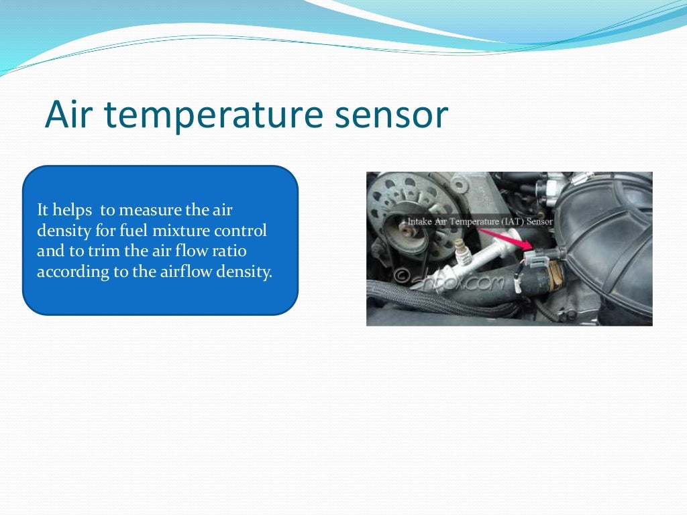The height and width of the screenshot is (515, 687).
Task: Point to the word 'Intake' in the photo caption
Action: [x=420, y=221]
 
